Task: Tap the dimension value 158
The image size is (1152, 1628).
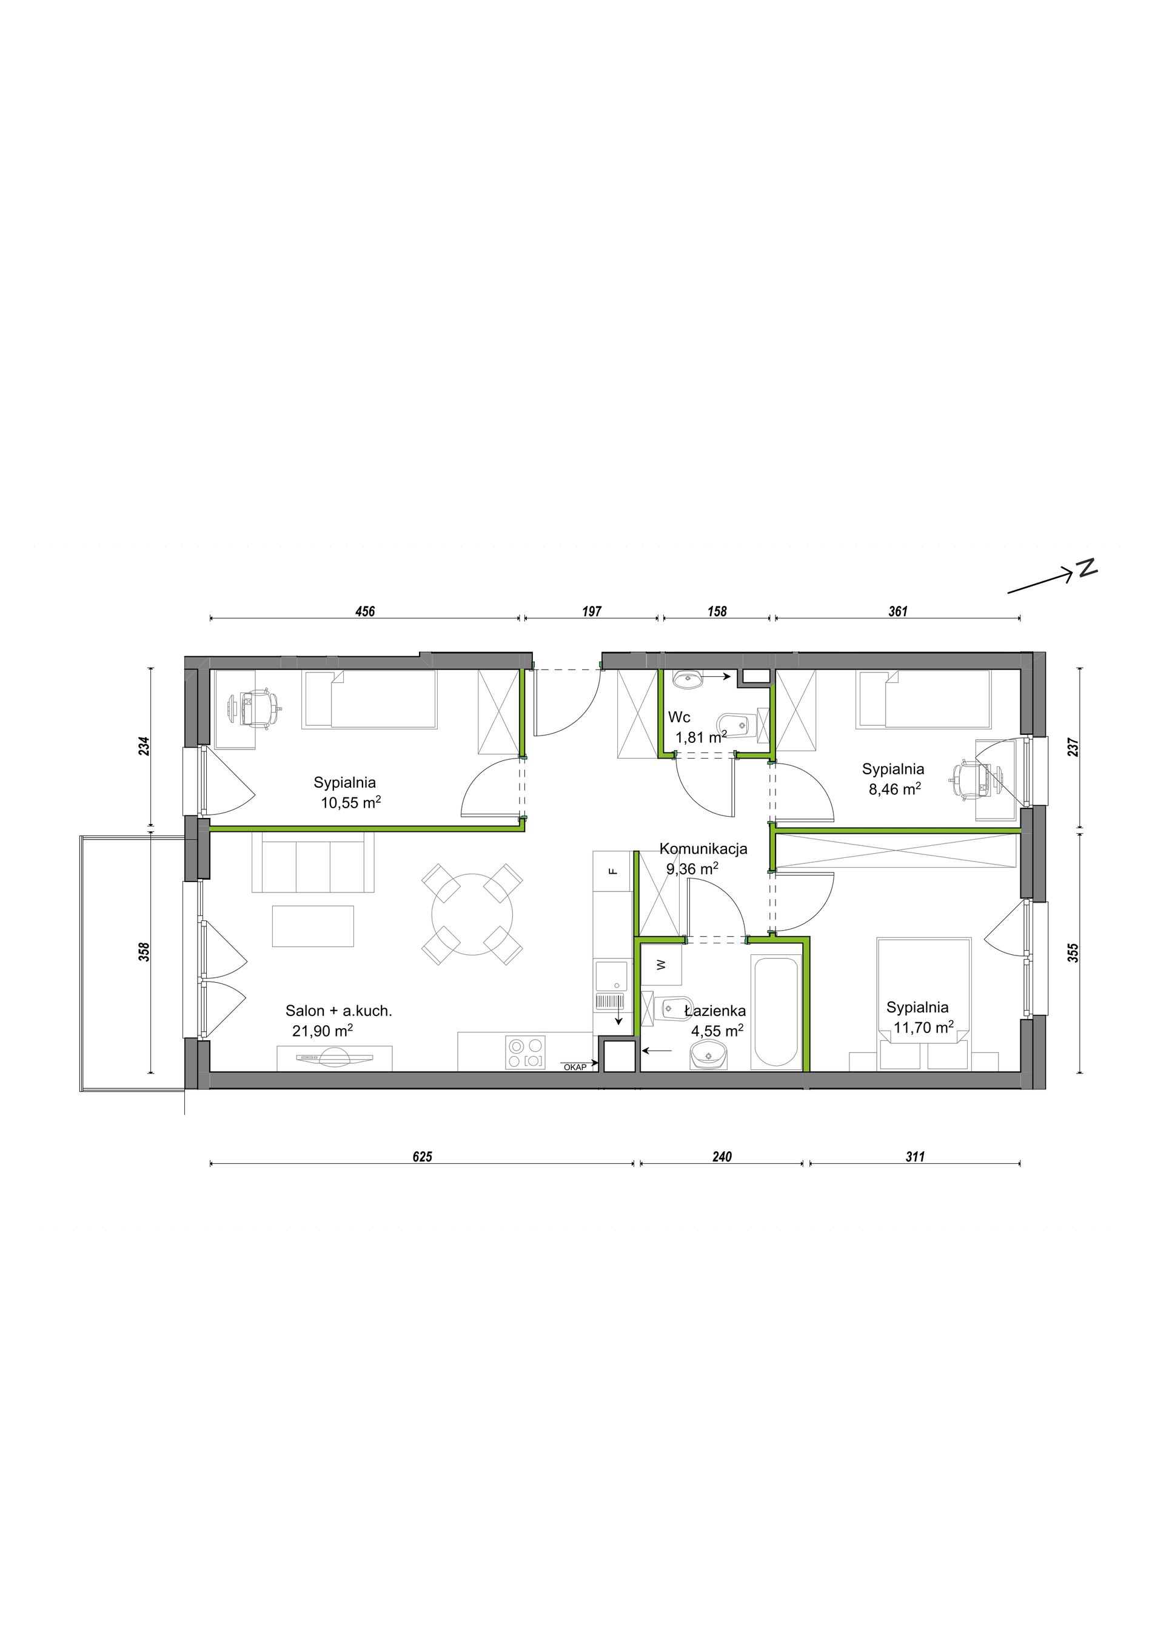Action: coord(717,611)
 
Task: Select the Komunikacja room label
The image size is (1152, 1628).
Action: coord(703,849)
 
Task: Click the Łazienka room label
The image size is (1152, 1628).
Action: coord(715,1011)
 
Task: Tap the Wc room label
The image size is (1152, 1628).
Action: coord(679,717)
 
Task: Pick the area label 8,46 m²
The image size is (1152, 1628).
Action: coord(894,788)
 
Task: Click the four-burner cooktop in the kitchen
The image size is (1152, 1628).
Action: coord(526,1052)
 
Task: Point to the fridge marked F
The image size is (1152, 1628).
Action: coord(614,871)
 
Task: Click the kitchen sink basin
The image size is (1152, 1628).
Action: coord(611,976)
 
